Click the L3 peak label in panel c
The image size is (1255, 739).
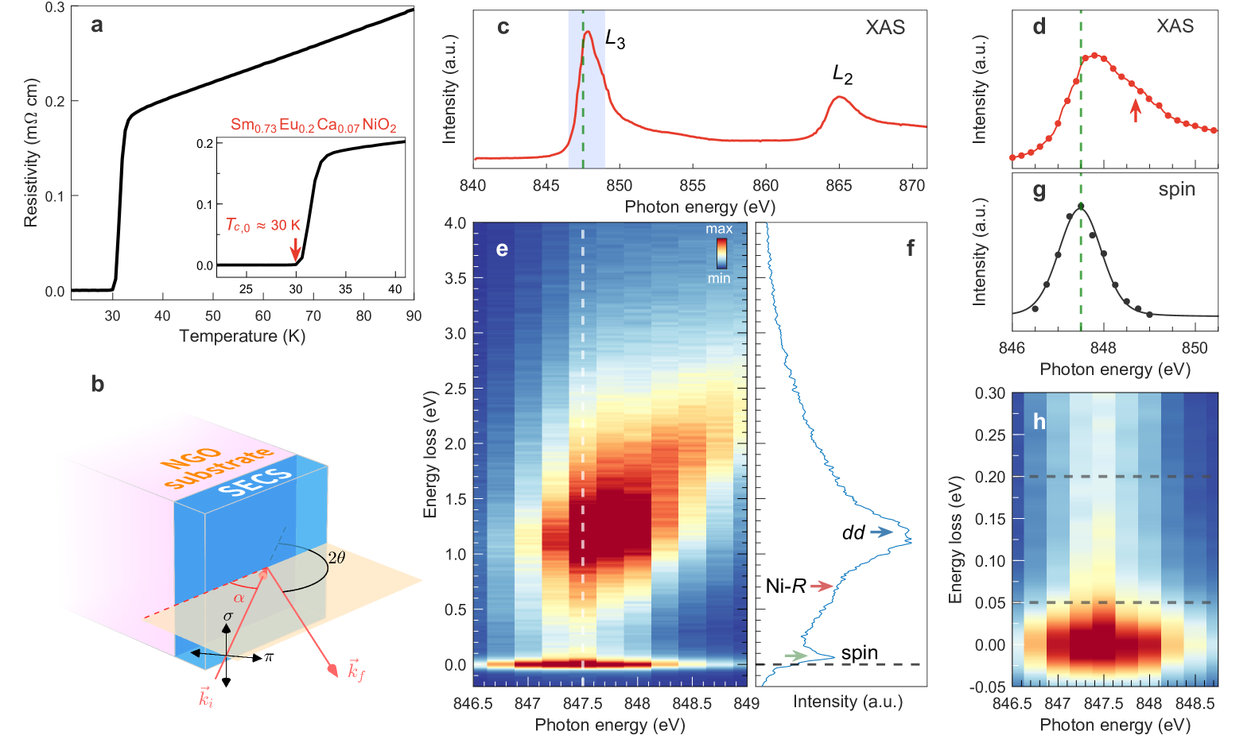(x=615, y=39)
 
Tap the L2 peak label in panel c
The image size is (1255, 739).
(x=842, y=75)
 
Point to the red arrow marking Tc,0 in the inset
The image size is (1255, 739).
(x=296, y=249)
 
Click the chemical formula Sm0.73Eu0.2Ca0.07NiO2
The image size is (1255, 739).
(x=313, y=125)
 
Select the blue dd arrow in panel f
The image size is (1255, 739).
(x=880, y=532)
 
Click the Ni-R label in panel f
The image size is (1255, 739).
(x=786, y=586)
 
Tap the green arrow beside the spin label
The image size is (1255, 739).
(x=795, y=656)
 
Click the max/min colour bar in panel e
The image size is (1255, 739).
(x=721, y=253)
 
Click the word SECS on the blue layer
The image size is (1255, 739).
(x=255, y=482)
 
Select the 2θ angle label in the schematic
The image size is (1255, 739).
(x=337, y=558)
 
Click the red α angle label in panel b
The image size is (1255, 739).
(x=239, y=598)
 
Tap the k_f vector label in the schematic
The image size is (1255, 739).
(x=356, y=671)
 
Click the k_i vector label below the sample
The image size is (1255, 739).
(x=206, y=697)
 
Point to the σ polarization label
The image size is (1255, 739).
(x=228, y=616)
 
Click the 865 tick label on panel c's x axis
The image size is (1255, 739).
(x=839, y=186)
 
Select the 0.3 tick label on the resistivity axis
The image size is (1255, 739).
(x=55, y=7)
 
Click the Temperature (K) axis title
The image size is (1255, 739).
(x=242, y=336)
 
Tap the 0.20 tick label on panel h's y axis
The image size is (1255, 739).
(x=990, y=477)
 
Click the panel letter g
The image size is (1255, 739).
(x=1039, y=192)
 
